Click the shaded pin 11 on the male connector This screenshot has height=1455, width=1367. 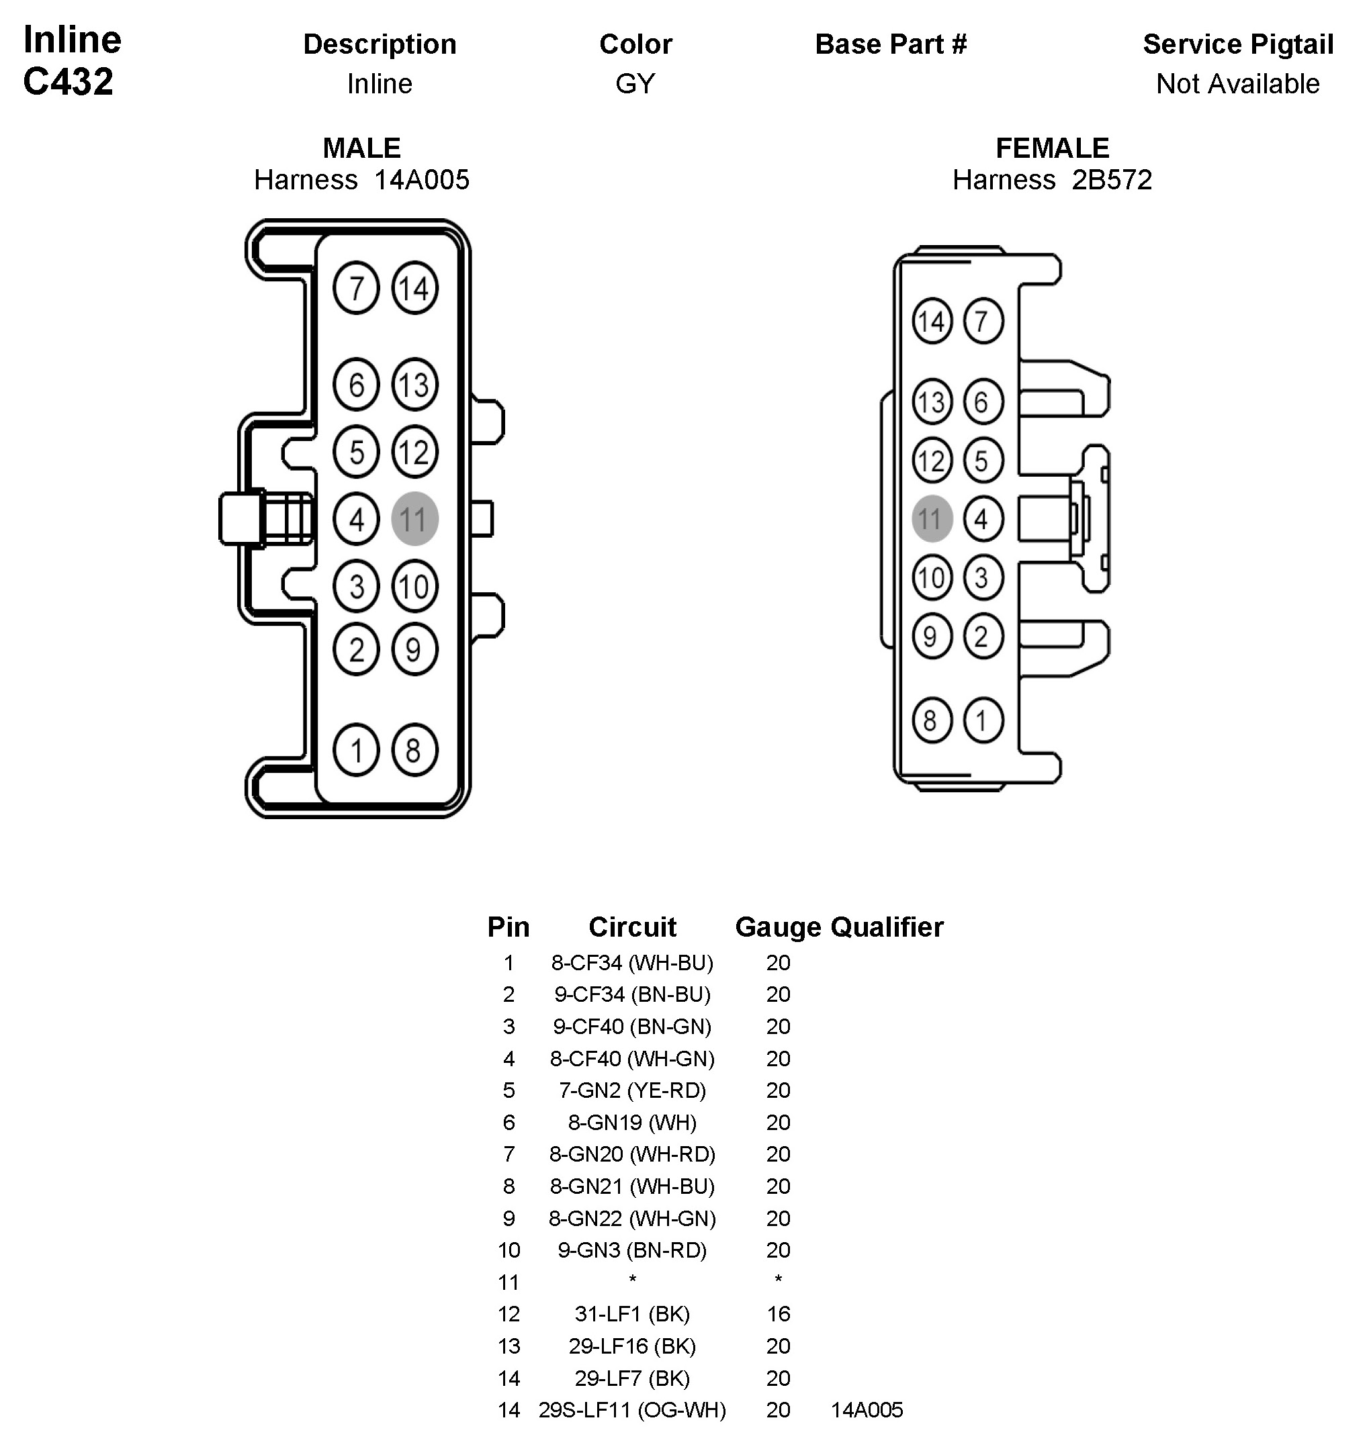(x=414, y=519)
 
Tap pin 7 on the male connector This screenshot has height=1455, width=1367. (x=356, y=287)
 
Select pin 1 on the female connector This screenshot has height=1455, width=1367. (x=983, y=720)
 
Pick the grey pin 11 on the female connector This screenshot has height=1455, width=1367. (x=931, y=519)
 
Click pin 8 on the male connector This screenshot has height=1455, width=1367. (x=414, y=750)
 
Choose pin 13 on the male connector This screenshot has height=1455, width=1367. (x=414, y=385)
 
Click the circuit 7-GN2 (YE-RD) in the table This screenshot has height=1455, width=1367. (x=632, y=1090)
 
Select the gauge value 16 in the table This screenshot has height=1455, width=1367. (x=778, y=1314)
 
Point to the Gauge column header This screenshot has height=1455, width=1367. (x=778, y=927)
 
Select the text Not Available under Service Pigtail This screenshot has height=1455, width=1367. (x=1237, y=84)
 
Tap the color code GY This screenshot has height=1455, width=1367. (x=635, y=84)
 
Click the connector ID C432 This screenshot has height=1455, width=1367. (x=68, y=81)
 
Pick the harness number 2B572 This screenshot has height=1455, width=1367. (x=1112, y=180)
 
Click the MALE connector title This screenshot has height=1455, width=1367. (x=361, y=148)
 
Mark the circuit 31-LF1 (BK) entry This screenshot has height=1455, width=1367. (x=632, y=1314)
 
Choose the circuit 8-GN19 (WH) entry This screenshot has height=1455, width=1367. (x=632, y=1122)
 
